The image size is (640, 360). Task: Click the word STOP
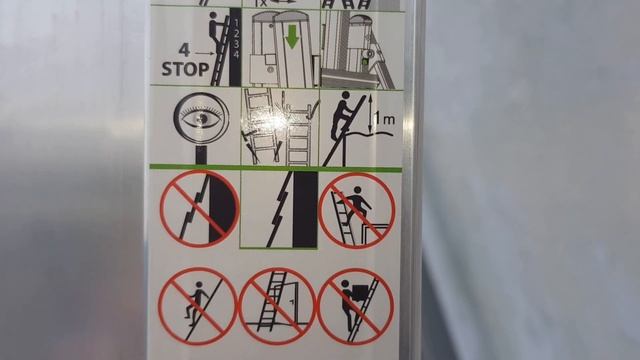point(185,69)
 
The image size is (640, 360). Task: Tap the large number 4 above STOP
point(184,50)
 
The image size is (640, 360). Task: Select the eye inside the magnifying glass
point(202,118)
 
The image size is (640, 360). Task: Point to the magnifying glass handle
point(201,155)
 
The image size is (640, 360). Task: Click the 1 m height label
point(385,119)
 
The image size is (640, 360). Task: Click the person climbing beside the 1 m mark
point(342,115)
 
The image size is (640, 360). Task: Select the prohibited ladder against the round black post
point(200,209)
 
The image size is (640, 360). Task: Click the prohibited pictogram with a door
point(277,307)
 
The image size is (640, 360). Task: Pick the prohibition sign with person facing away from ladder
point(198,307)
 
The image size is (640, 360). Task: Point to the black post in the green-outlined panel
point(305,209)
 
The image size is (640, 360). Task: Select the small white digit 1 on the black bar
point(235,22)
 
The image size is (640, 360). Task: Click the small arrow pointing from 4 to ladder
point(204,53)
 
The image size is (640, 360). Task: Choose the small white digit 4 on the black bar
point(235,54)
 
